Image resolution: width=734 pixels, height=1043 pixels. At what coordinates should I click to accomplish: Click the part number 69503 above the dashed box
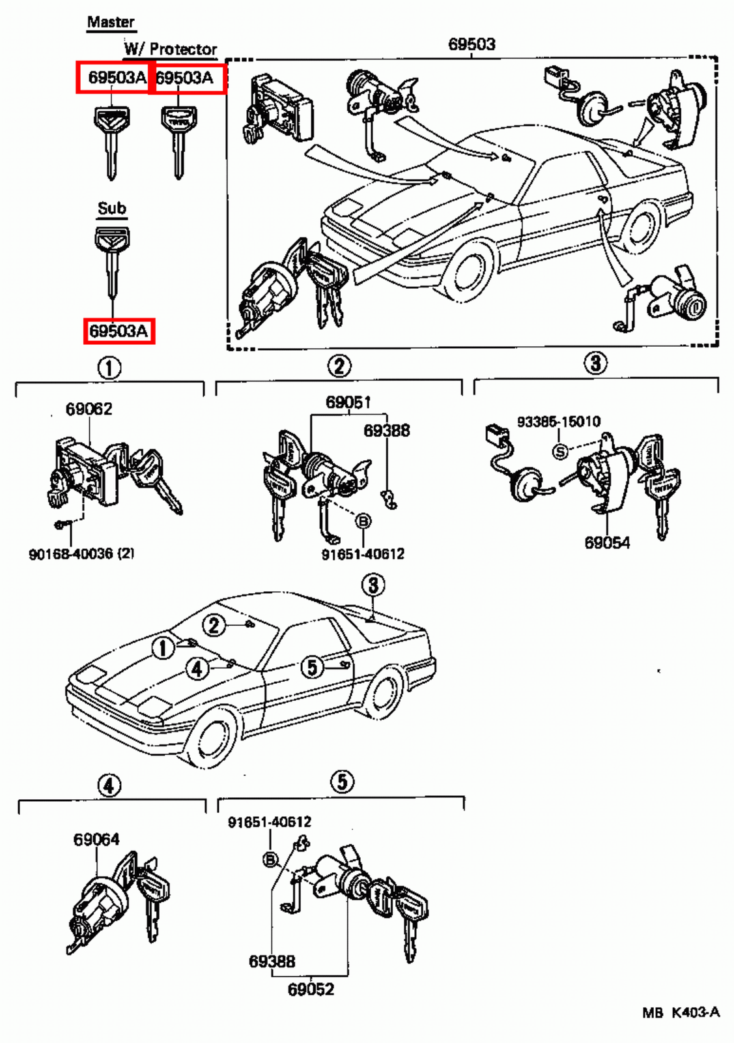point(472,44)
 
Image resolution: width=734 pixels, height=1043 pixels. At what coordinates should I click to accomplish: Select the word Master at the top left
point(111,22)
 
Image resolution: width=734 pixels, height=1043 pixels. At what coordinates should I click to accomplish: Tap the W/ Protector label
point(170,49)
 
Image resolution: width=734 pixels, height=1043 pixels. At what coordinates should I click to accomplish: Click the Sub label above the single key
point(111,208)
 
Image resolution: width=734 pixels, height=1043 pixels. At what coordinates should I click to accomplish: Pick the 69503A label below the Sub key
point(119,331)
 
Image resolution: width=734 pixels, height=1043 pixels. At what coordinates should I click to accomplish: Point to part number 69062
point(89,409)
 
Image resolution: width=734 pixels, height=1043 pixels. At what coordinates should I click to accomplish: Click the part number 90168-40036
point(81,553)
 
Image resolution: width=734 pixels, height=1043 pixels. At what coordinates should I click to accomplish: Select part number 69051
point(348,402)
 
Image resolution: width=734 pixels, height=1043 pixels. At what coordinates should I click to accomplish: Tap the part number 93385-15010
point(558,422)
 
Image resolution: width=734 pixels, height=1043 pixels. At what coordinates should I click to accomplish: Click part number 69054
point(606,542)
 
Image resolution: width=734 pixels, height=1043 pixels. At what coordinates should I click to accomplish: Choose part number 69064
point(96,839)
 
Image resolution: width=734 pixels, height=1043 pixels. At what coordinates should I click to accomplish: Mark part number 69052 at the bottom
point(311,990)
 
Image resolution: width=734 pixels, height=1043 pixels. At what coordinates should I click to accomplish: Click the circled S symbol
point(559,450)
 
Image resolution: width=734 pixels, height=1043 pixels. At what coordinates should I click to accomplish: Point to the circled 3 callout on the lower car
point(373,585)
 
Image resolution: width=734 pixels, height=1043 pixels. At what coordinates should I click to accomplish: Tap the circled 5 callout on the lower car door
point(313,667)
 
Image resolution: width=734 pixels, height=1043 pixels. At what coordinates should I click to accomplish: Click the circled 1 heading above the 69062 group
point(109,368)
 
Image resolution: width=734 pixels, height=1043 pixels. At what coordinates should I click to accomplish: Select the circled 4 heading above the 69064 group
point(109,786)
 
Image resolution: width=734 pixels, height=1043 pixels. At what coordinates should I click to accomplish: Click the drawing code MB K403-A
point(681,1012)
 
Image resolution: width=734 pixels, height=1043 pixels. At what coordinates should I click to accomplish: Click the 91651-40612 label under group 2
point(363,554)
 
